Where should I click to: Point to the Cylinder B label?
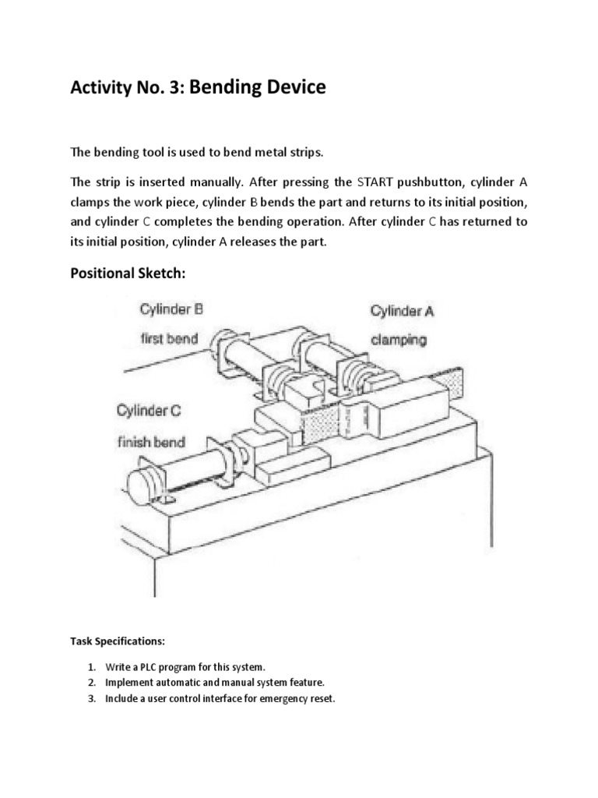[x=171, y=309]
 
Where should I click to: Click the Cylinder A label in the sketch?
[x=402, y=311]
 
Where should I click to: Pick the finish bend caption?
[x=152, y=442]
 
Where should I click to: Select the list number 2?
[x=91, y=683]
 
